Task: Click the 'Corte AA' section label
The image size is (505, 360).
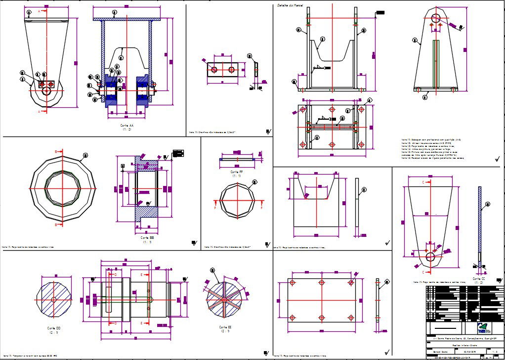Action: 127,126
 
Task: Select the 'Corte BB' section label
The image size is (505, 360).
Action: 147,238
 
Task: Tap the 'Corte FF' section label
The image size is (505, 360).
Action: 236,172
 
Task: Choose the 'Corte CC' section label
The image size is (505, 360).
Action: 478,278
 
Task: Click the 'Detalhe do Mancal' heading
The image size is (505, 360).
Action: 290,5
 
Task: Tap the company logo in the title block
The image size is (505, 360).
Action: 483,327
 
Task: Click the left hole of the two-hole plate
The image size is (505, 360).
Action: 214,70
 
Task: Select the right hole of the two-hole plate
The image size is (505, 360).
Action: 231,70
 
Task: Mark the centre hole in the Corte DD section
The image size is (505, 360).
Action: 54,300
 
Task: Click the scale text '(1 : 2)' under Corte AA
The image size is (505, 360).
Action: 127,130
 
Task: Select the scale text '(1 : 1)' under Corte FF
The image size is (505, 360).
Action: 236,176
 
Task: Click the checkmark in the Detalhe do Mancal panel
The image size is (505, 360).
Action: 497,159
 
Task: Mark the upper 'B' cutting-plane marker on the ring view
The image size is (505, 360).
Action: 56,151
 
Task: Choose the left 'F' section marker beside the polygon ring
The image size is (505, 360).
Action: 215,202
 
